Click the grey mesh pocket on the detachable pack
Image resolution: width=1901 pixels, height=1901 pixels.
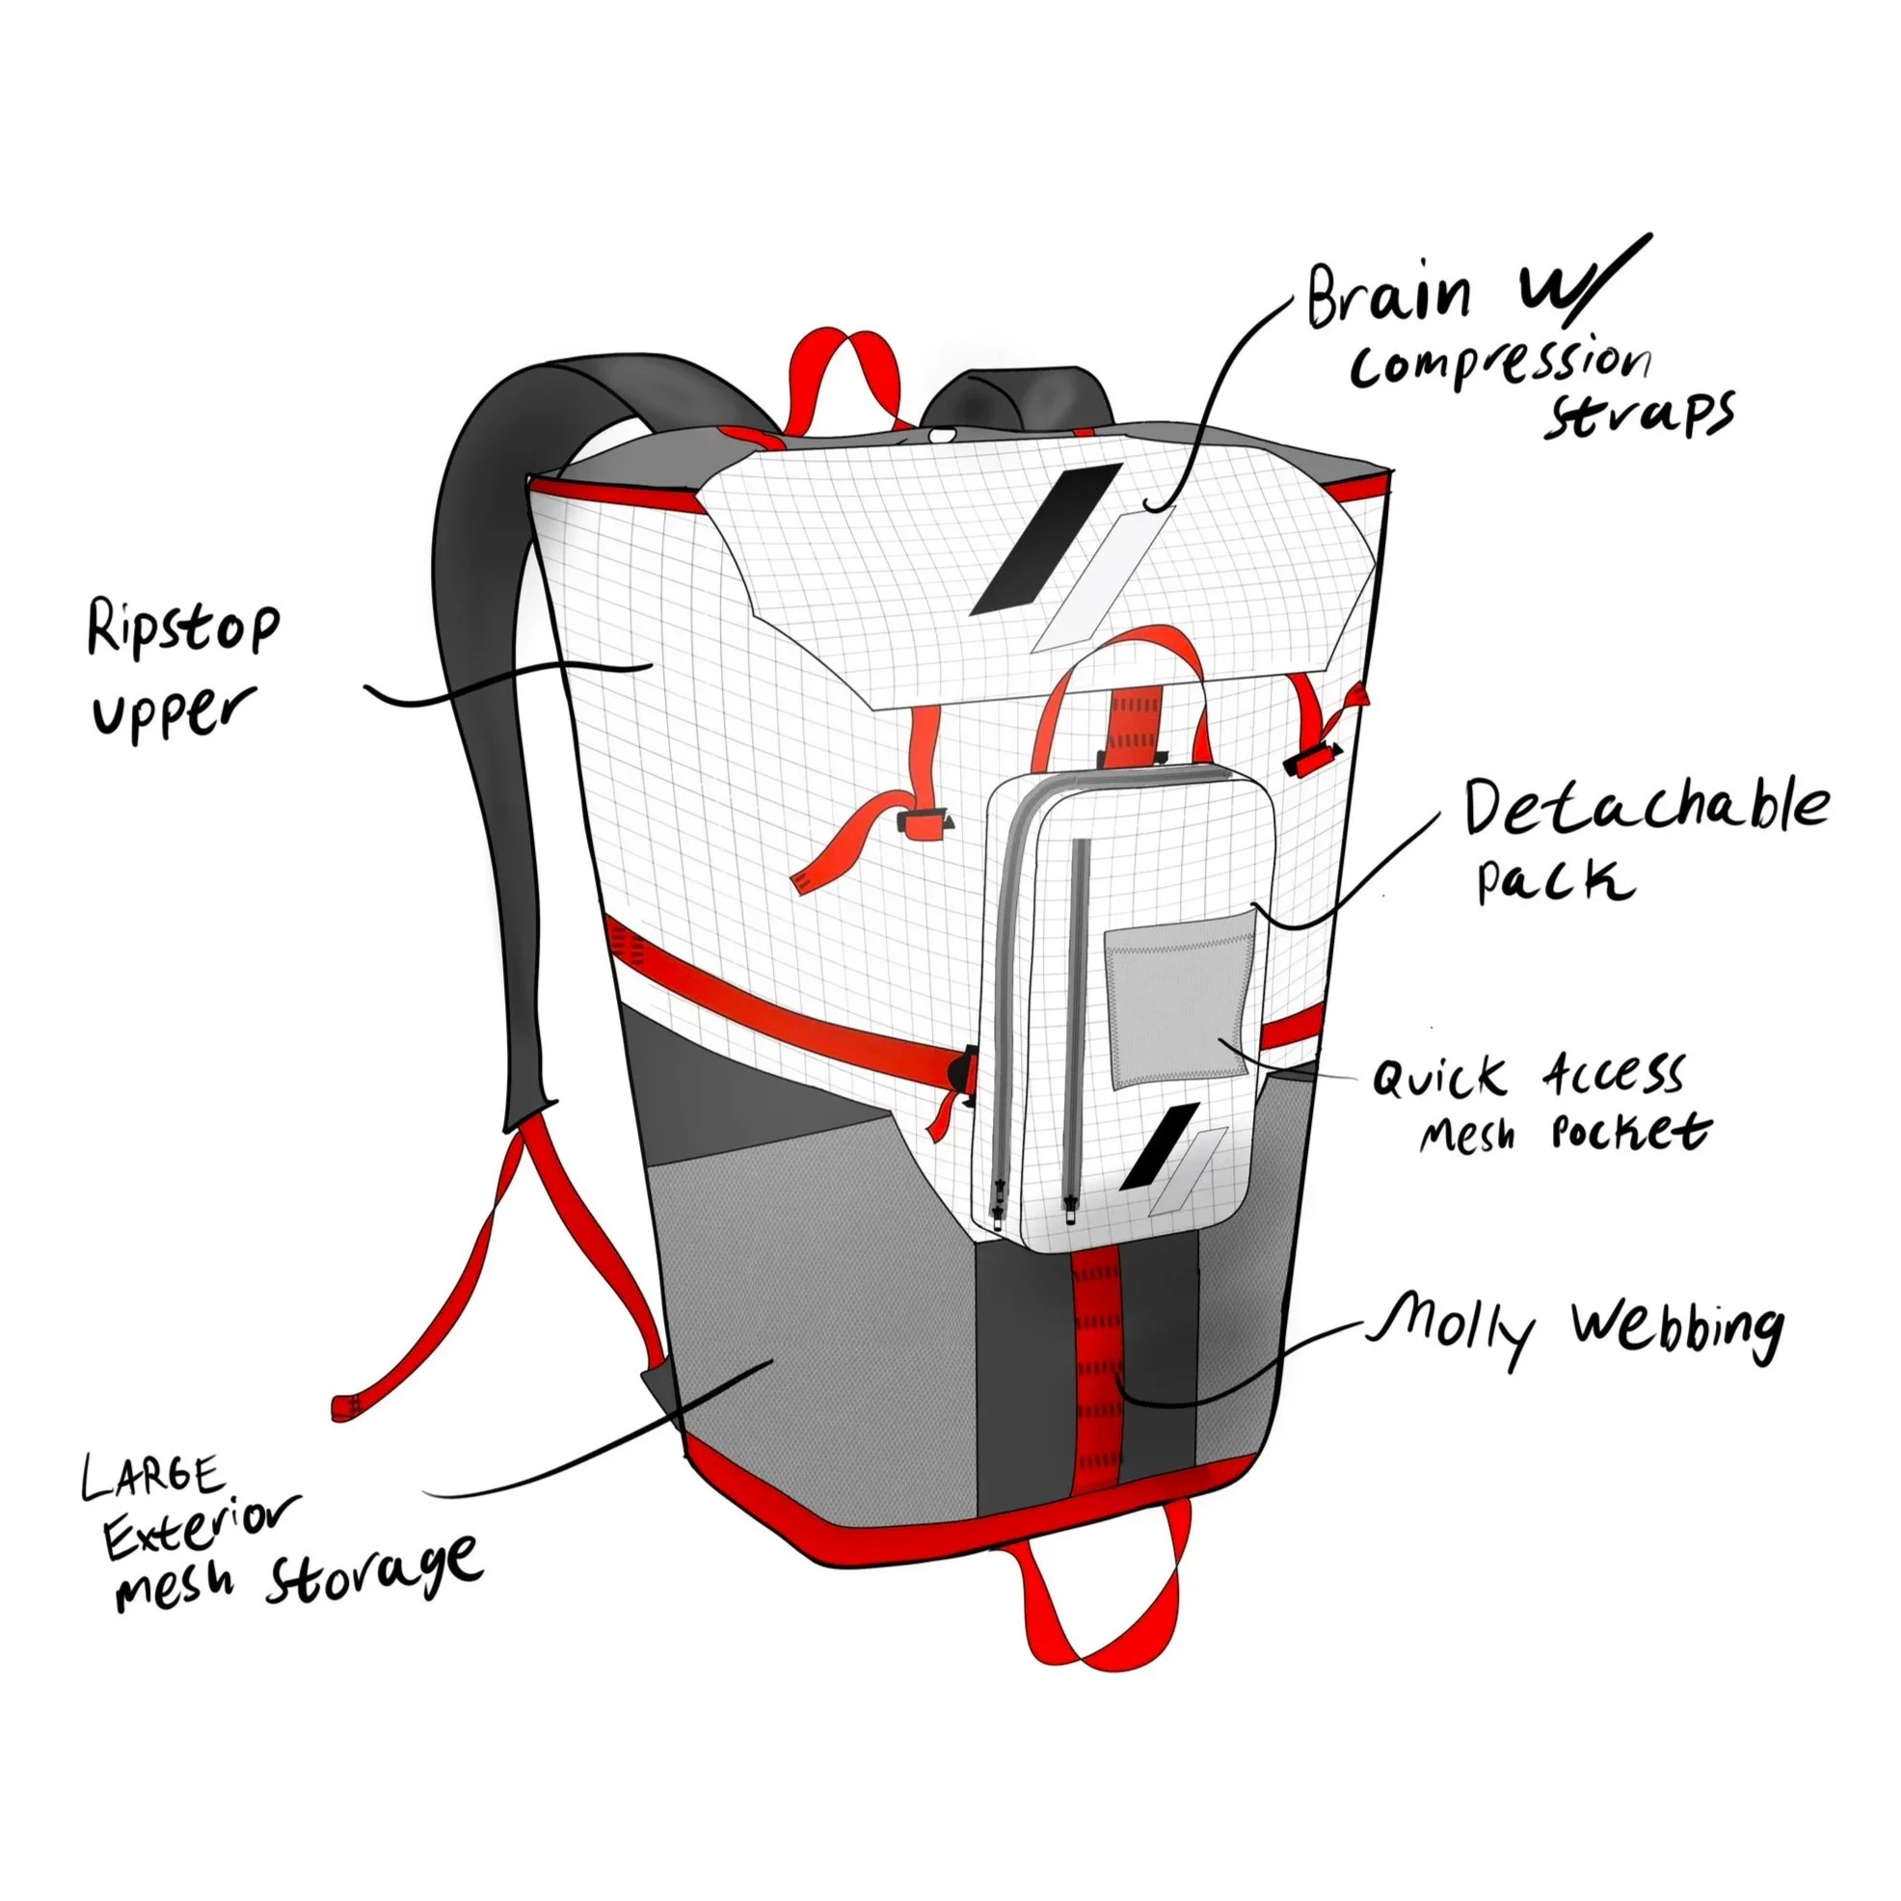click(1181, 999)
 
